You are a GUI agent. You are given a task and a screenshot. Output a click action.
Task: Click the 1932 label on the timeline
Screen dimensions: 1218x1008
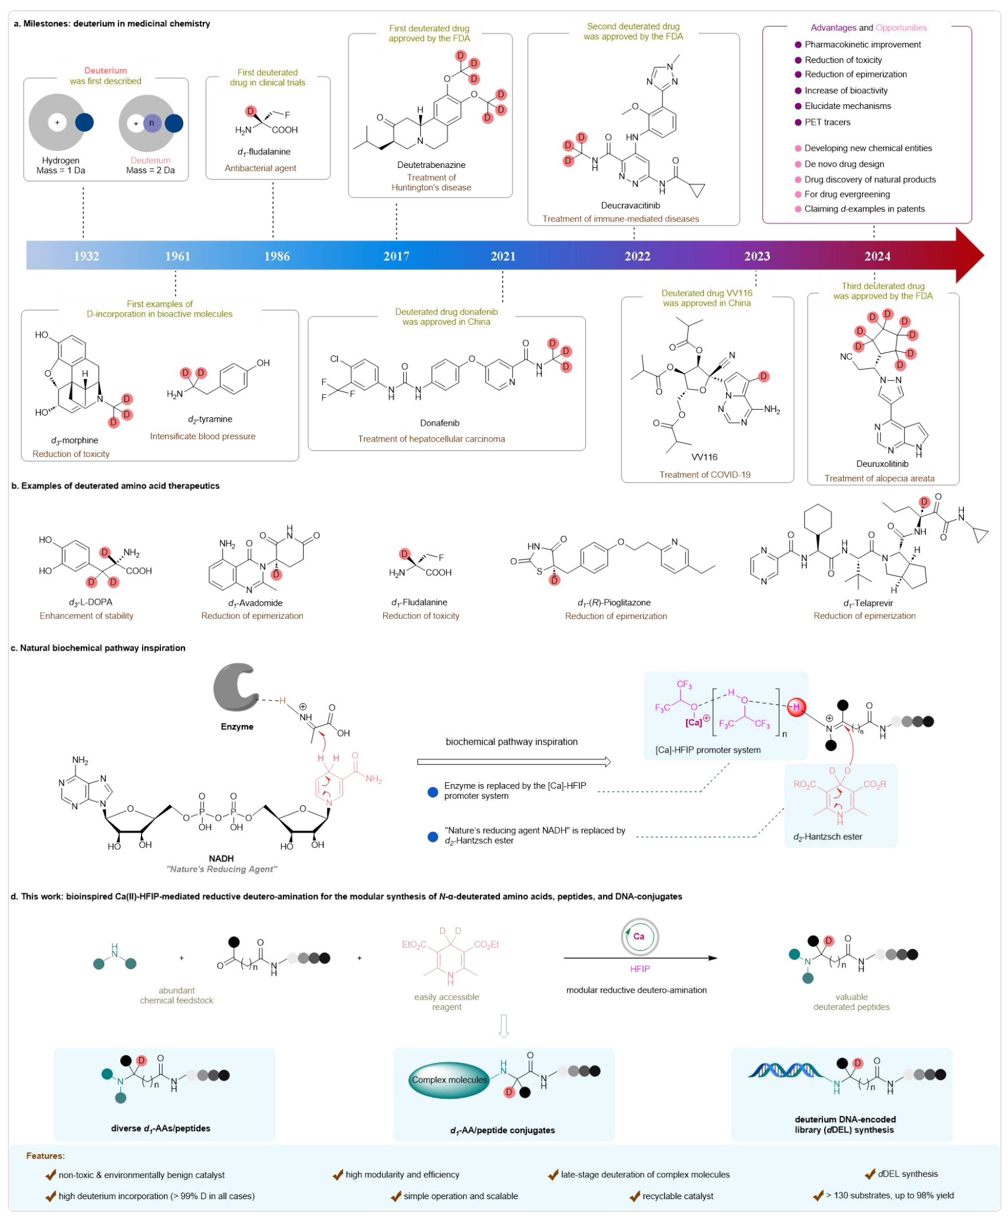tap(86, 256)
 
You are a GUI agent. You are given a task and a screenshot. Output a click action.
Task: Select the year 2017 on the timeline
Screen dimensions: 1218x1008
tap(396, 256)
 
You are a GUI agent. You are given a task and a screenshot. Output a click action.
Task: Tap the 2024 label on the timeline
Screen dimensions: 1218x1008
tap(876, 256)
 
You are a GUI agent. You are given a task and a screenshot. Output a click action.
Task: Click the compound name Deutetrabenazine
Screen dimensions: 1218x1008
tap(431, 165)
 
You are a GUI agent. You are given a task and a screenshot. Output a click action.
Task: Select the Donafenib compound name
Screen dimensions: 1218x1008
tap(439, 423)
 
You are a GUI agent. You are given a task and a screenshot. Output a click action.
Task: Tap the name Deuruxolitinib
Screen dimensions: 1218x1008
tap(882, 464)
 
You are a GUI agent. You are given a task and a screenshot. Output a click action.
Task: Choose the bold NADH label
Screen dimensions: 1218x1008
tap(221, 859)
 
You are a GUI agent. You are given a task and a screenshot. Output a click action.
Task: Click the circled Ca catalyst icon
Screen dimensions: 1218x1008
tap(639, 936)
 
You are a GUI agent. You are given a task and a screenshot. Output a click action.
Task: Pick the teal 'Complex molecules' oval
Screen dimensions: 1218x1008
tap(448, 1079)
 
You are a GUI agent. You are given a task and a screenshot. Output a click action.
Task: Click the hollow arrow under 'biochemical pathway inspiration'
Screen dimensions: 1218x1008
tap(514, 762)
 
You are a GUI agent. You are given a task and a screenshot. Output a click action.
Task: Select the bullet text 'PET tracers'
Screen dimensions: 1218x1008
tap(827, 123)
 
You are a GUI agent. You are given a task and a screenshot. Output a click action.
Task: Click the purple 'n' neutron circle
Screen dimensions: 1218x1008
tap(152, 123)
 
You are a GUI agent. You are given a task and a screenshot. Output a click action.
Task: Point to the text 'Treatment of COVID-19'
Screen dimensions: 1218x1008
tap(704, 475)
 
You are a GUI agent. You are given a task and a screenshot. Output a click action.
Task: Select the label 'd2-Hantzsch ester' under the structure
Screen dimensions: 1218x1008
tap(827, 836)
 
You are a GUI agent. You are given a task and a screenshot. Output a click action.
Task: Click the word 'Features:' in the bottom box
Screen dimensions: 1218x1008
tap(45, 1156)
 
